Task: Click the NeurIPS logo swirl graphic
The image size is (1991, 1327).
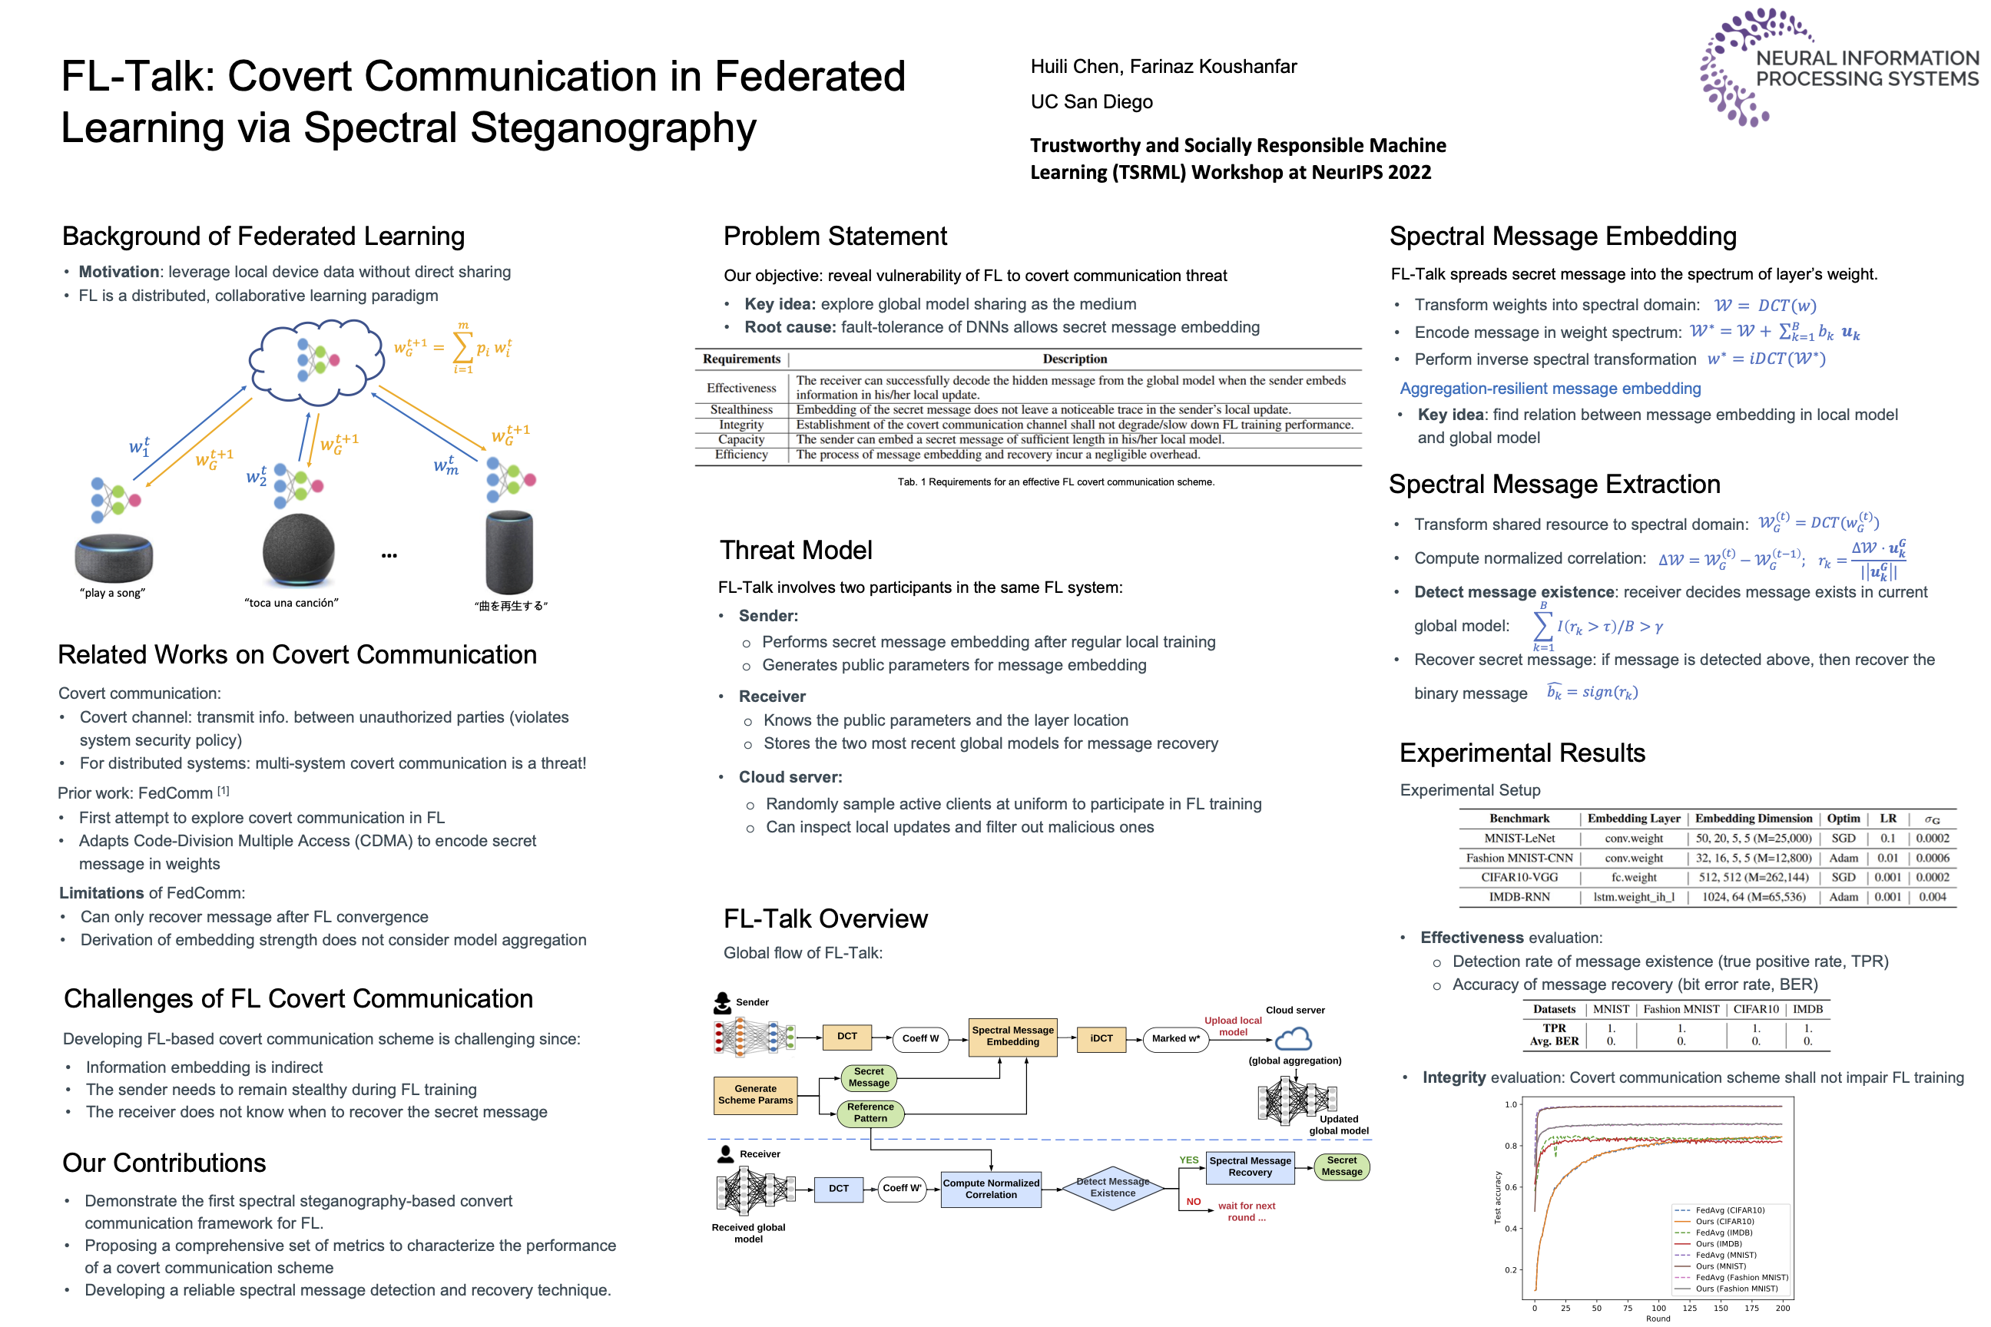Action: (x=1735, y=68)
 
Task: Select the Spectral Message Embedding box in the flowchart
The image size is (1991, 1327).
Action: (x=1012, y=1036)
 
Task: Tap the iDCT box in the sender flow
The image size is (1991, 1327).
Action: (x=1102, y=1037)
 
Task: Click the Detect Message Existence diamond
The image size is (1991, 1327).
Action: (x=1112, y=1187)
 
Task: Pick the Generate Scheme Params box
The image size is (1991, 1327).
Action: (x=755, y=1094)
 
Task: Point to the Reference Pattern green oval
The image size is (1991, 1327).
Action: (x=870, y=1112)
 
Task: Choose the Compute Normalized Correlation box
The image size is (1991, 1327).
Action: (x=990, y=1189)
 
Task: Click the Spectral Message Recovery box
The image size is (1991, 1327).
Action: (x=1250, y=1167)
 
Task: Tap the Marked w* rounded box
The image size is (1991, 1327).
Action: (x=1175, y=1038)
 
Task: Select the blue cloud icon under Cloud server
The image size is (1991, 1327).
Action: (x=1293, y=1038)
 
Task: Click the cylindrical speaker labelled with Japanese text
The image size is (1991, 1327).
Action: (x=509, y=552)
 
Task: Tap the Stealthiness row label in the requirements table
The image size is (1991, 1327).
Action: (x=740, y=409)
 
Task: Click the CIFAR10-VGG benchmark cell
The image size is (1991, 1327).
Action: (x=1519, y=878)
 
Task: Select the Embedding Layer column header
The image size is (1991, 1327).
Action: (x=1633, y=819)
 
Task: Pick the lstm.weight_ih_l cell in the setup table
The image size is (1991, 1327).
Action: (x=1633, y=897)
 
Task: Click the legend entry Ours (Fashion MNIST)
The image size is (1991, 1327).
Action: (x=1736, y=1289)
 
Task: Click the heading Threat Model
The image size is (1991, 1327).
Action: (x=795, y=550)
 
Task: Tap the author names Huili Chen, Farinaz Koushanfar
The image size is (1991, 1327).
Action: (x=1163, y=67)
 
